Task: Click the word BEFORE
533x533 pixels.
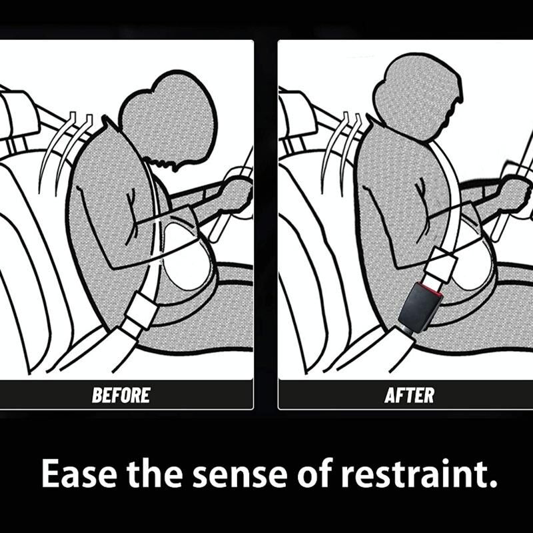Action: (x=121, y=395)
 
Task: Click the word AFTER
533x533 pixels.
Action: (x=409, y=395)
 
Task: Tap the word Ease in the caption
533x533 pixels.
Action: (x=79, y=474)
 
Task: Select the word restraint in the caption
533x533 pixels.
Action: (x=414, y=474)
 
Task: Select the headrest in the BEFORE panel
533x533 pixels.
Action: (x=19, y=115)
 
